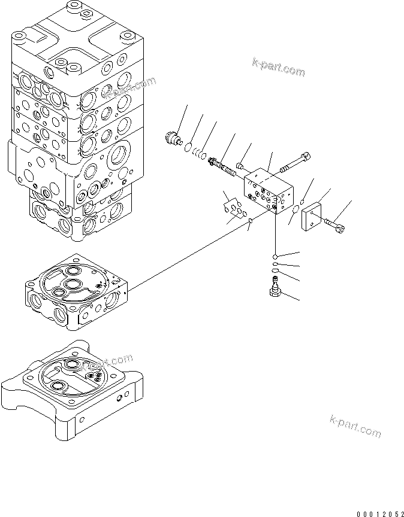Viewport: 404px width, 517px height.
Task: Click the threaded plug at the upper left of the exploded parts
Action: point(174,138)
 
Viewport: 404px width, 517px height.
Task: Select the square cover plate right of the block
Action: point(313,216)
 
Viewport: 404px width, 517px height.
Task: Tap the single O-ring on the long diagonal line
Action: point(250,223)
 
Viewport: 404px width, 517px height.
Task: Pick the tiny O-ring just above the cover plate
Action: point(304,200)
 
